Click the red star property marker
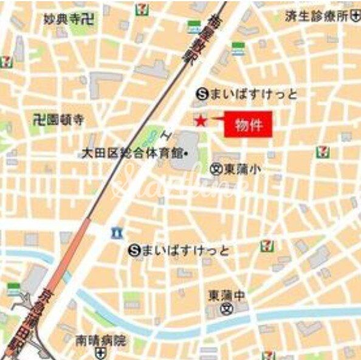[200, 120]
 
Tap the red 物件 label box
[247, 124]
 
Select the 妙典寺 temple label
[62, 19]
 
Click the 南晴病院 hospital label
[100, 341]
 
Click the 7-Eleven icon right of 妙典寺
[142, 9]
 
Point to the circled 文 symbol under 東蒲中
[227, 309]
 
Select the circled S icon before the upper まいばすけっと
[202, 94]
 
